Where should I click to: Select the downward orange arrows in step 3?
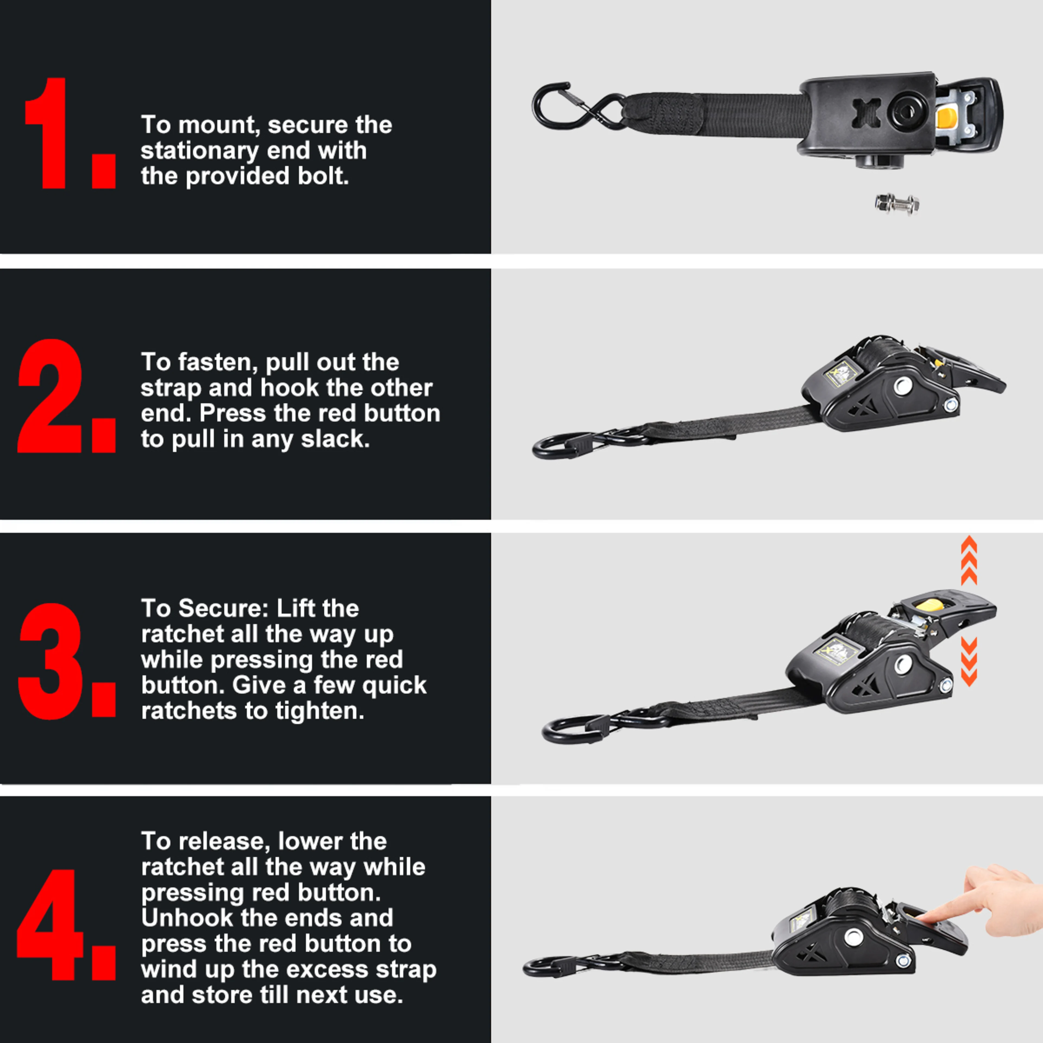pos(969,661)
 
